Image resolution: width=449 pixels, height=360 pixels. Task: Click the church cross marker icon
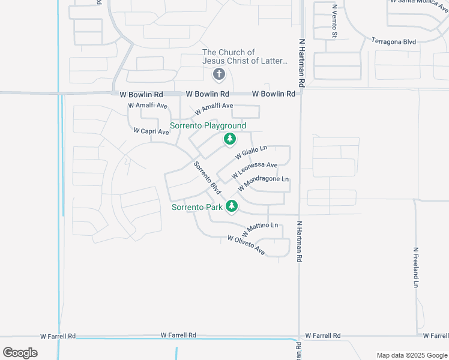coord(218,74)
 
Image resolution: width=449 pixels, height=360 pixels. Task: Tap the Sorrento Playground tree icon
coord(229,139)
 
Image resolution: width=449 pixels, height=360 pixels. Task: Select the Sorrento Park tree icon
coord(232,207)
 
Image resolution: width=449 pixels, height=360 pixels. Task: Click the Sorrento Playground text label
coord(208,126)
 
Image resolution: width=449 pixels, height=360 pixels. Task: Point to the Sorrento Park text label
coord(197,208)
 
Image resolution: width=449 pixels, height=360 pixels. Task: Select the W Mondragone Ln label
coord(264,184)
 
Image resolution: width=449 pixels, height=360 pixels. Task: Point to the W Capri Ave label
coord(151,131)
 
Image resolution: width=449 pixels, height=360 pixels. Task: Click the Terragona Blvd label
coord(394,41)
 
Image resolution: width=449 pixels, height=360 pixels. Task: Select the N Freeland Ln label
coord(415,267)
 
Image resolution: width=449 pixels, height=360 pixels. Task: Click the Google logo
coord(20,353)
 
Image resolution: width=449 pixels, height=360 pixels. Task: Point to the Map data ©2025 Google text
coord(412,355)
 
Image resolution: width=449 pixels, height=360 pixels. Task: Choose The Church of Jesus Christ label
coord(245,56)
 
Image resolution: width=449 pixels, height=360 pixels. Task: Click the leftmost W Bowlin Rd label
coord(142,95)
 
